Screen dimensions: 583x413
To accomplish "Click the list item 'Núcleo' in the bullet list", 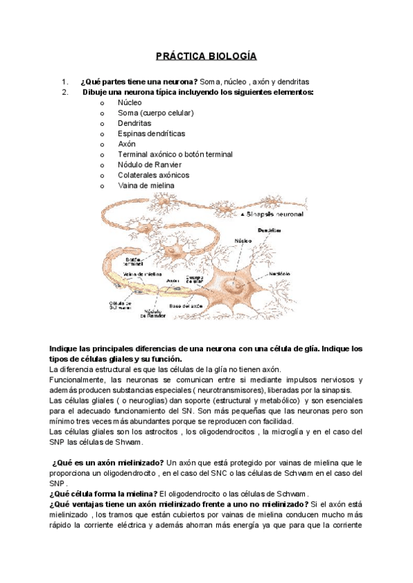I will [x=130, y=102].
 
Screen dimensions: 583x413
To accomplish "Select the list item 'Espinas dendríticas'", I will [x=151, y=133].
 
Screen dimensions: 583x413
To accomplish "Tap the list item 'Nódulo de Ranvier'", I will [x=150, y=165].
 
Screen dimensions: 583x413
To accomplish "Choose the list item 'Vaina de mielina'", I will [x=146, y=186].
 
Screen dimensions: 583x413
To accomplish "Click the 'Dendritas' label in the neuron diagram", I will [x=271, y=230].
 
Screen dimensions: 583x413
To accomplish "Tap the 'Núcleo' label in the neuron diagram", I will [x=243, y=241].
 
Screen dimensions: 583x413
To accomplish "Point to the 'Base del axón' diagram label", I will [x=204, y=305].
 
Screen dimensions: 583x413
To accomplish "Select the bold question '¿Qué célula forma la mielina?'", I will [x=103, y=494].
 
